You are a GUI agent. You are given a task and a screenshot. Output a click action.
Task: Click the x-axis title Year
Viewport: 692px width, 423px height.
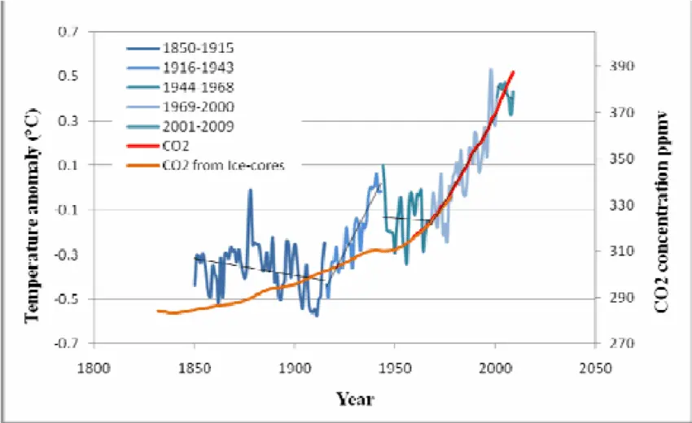coord(356,399)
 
